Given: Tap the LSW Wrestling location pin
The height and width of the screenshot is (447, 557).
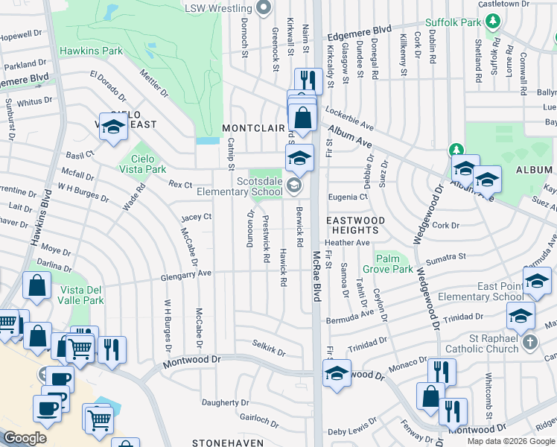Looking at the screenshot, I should [x=262, y=8].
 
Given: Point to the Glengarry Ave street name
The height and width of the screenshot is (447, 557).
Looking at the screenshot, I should [x=186, y=274].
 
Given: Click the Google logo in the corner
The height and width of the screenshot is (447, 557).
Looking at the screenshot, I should [x=25, y=437].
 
